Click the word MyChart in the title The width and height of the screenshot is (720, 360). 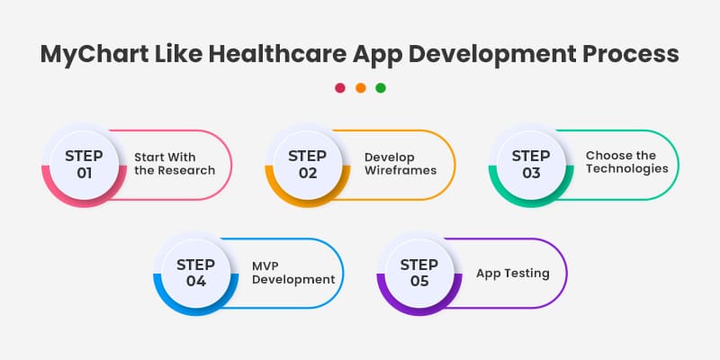(90, 54)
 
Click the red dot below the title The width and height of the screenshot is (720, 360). (340, 88)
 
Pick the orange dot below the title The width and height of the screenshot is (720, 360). (360, 88)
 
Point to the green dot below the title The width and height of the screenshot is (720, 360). (380, 88)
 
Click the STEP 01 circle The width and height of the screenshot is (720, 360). (85, 164)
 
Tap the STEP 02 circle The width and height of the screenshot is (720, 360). (308, 164)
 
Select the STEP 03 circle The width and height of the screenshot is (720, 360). (531, 164)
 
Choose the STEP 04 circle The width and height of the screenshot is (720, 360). (196, 272)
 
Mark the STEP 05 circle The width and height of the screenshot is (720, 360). (419, 272)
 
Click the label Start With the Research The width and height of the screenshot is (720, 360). (175, 163)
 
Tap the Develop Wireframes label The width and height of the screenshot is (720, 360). (400, 163)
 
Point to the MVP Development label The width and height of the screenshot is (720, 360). (292, 272)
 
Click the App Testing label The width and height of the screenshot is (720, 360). (512, 273)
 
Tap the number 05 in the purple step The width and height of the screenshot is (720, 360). (419, 281)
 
